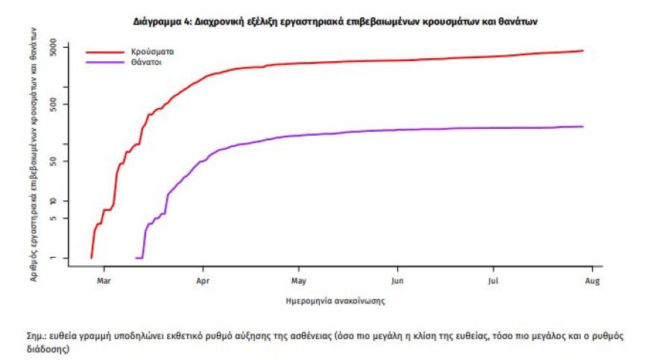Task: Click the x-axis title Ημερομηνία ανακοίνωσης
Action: [x=335, y=301]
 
